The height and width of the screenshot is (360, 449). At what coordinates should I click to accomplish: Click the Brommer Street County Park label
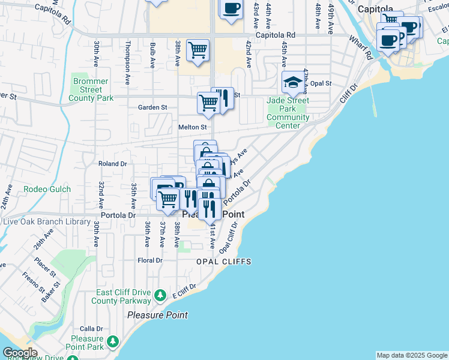[x=91, y=89]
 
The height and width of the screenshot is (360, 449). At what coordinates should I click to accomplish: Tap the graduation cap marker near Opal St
[x=293, y=82]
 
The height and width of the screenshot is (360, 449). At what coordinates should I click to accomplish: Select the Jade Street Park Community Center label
[x=288, y=109]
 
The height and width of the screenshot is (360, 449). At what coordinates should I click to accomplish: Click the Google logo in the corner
[x=19, y=353]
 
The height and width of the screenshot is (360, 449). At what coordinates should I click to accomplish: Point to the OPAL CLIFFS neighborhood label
[x=223, y=262]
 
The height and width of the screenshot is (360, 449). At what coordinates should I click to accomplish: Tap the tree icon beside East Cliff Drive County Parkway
[x=160, y=295]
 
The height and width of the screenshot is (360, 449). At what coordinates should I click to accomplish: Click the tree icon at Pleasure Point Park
[x=112, y=343]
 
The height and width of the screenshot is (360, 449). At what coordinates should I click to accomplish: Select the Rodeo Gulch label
[x=47, y=190]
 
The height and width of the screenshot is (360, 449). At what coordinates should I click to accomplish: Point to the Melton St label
[x=192, y=127]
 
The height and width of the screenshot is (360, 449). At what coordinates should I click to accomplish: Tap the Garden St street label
[x=152, y=107]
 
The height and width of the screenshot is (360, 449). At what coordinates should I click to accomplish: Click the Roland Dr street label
[x=113, y=163]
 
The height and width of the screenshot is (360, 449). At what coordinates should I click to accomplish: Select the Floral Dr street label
[x=150, y=261]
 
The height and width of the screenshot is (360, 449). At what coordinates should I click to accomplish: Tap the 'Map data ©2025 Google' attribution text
[x=411, y=355]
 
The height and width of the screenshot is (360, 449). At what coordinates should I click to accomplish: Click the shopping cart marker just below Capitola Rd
[x=197, y=50]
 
